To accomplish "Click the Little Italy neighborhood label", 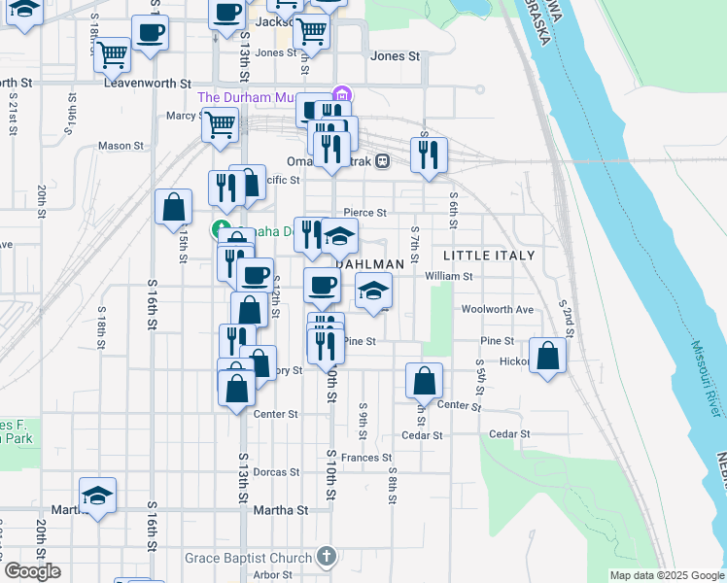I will coord(489,255).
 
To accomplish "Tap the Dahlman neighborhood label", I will coord(370,264).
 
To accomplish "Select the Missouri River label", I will coord(706,380).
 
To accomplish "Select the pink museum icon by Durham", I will coord(341,95).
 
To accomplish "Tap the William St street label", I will coord(448,276).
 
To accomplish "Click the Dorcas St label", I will coord(276,472).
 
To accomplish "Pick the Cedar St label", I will coord(509,434).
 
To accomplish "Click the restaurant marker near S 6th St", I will coord(428,155).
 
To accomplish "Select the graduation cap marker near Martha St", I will coord(97,496).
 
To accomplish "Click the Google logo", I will coord(32,571).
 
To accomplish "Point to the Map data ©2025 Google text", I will coord(667,575).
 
